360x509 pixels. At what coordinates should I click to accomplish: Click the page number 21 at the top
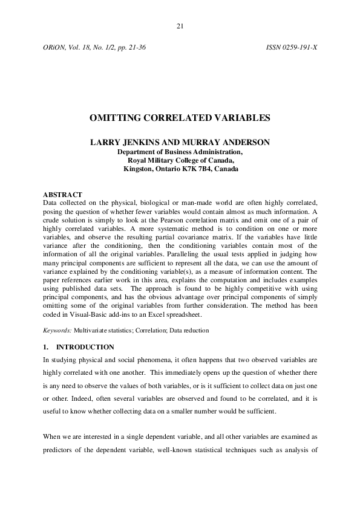(180, 26)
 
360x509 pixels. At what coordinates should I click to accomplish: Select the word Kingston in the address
(137, 169)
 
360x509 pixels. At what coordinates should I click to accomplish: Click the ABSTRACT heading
(63, 194)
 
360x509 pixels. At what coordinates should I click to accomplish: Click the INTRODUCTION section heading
(85, 347)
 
